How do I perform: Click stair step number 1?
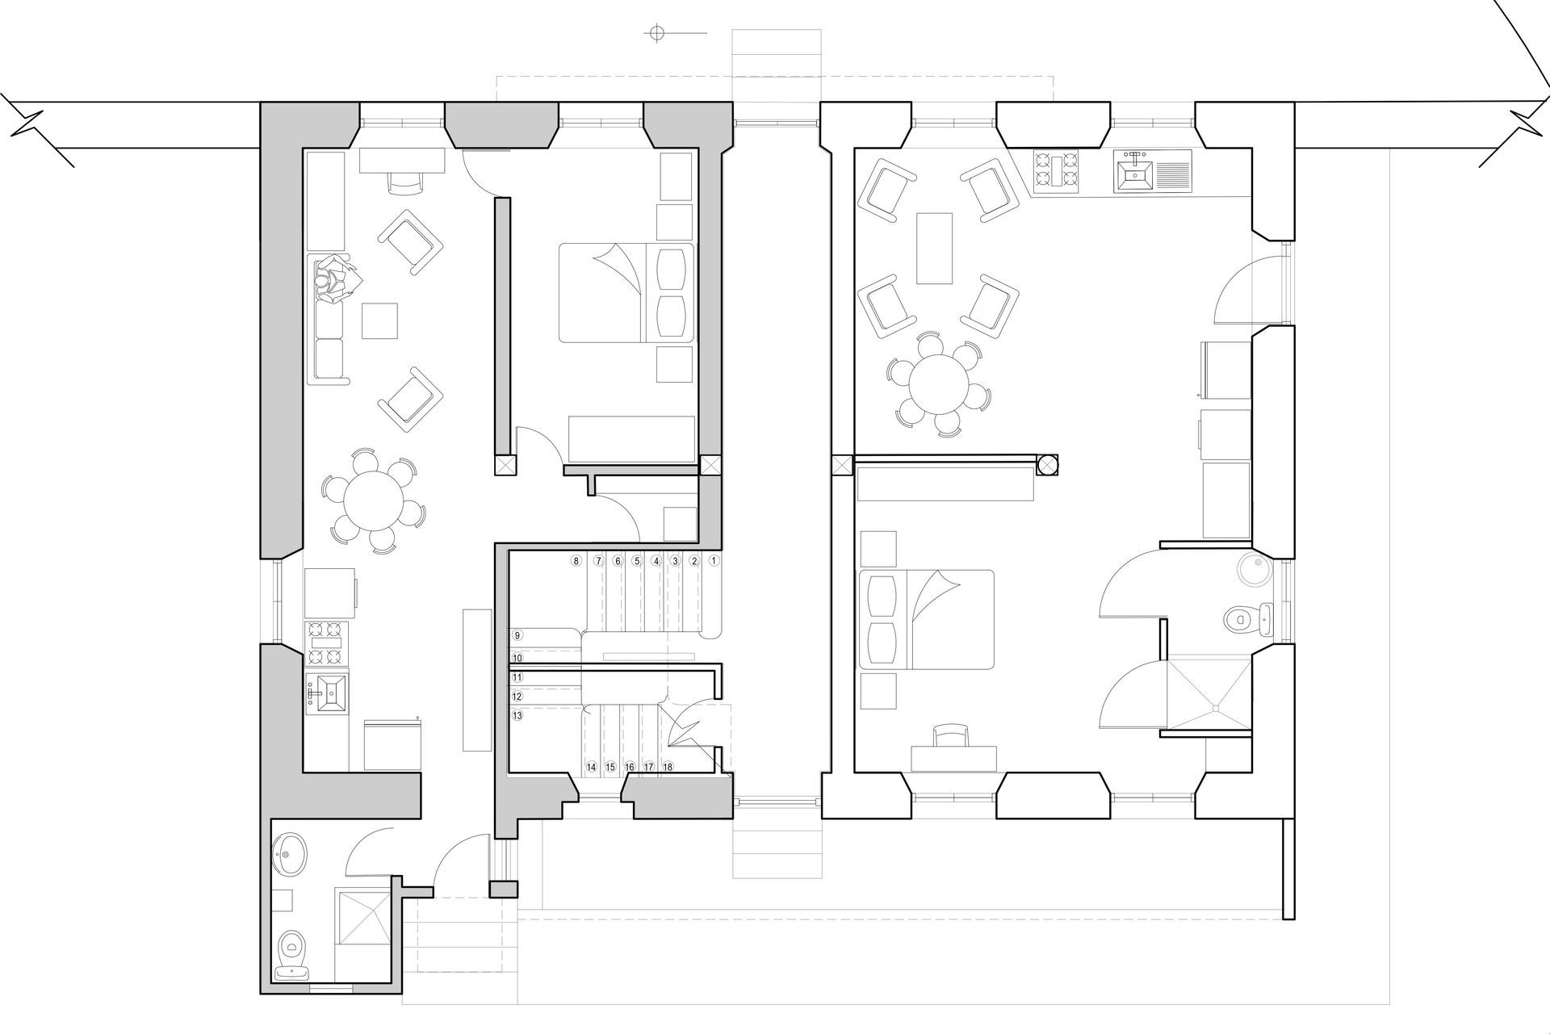tap(714, 560)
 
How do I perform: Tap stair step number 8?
tap(576, 560)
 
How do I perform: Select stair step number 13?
tap(517, 715)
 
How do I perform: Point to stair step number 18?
tap(668, 767)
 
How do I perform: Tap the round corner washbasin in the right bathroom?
tap(1254, 569)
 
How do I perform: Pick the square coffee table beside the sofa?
tap(379, 320)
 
